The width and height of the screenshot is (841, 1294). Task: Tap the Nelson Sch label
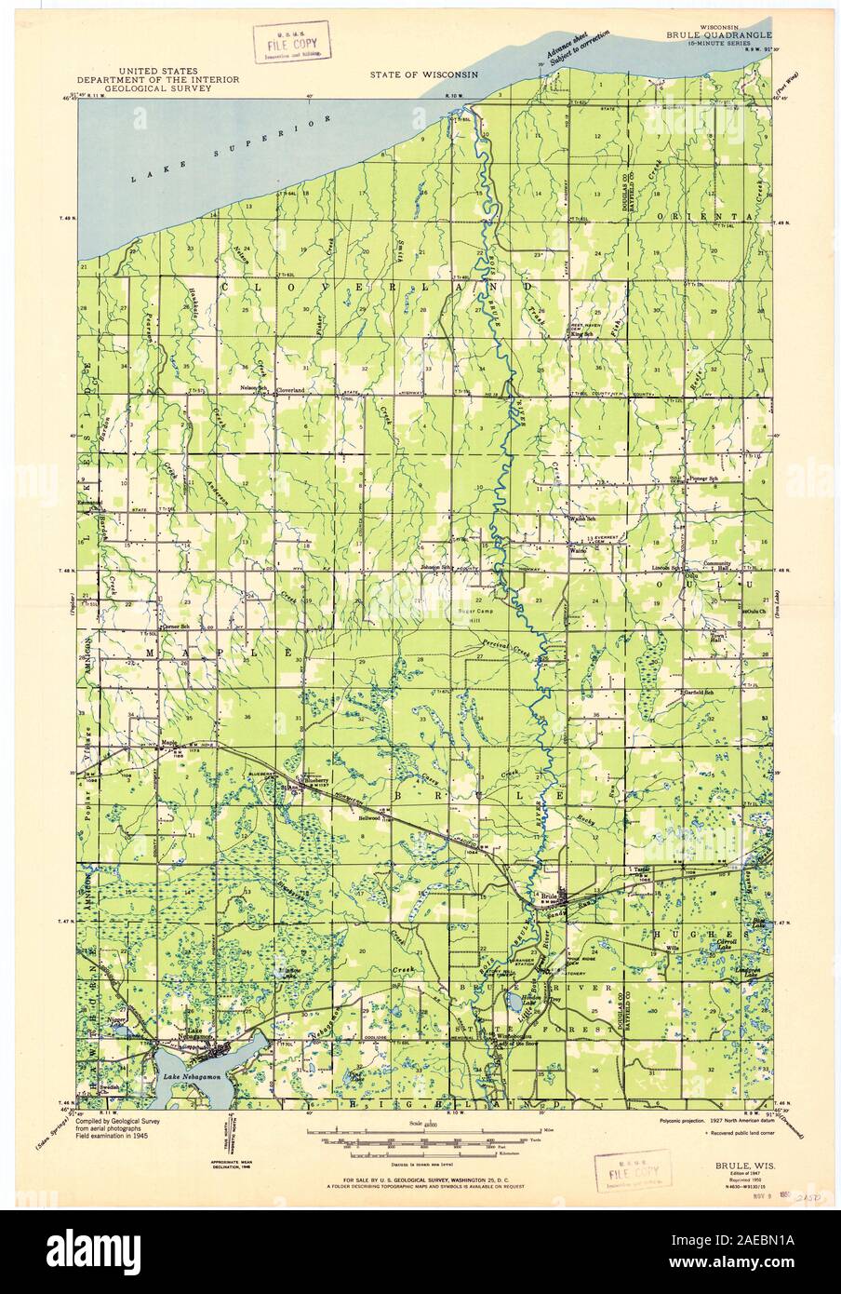pyautogui.click(x=255, y=387)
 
